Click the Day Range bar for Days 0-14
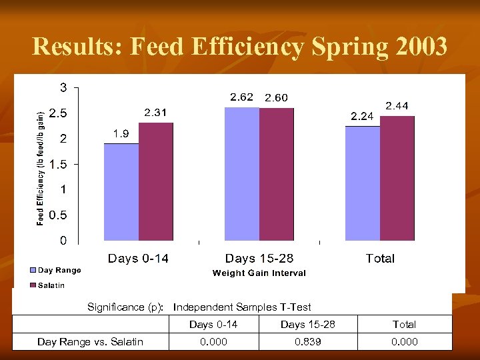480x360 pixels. tap(121, 192)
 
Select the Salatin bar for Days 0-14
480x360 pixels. tap(156, 181)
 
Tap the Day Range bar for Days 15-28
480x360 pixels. tap(241, 173)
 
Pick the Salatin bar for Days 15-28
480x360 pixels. tap(276, 174)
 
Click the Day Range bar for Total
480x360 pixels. tap(363, 183)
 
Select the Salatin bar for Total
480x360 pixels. tap(397, 178)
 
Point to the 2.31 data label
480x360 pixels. tap(156, 113)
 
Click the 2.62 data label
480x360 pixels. tap(241, 97)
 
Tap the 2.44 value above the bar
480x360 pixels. tap(397, 106)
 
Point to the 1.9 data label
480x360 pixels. tap(121, 133)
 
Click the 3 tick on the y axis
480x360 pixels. tap(63, 87)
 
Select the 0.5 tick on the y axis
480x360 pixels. tap(59, 215)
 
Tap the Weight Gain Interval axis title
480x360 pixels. tap(259, 273)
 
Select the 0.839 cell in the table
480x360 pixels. tap(307, 341)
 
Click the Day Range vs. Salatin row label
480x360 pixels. tap(90, 341)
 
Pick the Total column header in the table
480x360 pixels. tap(404, 325)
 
